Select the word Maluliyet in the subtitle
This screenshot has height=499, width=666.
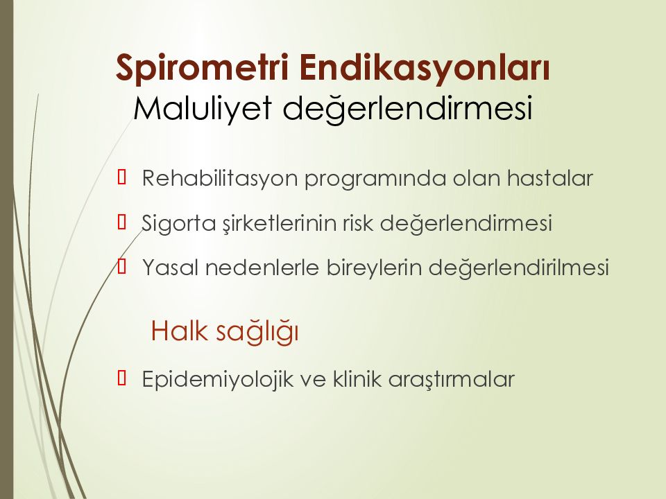point(203,109)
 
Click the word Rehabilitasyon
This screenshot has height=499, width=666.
point(220,179)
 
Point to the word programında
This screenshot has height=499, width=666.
point(375,179)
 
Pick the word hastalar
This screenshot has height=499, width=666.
point(550,178)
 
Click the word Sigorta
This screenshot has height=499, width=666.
point(179,224)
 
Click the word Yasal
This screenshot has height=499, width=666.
point(171,268)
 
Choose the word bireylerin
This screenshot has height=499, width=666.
point(374,268)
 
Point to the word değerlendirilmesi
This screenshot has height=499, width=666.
point(519,268)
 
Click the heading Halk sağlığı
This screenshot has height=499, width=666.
point(225,332)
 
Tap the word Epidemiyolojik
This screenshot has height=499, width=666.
point(217,379)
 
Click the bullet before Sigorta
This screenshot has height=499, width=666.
point(122,222)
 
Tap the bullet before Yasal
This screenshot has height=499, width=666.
point(122,266)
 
